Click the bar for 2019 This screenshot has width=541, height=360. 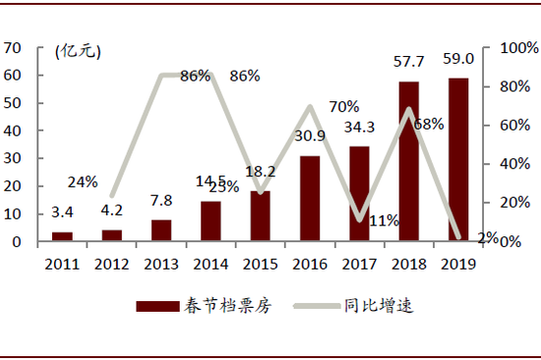[459, 159]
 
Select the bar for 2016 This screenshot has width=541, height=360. [310, 198]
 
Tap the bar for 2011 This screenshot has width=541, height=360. [62, 236]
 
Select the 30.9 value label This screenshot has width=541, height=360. [311, 136]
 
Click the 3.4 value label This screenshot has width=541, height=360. [61, 210]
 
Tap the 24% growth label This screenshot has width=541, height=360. [83, 181]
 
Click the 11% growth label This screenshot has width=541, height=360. [384, 220]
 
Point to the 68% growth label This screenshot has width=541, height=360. [429, 125]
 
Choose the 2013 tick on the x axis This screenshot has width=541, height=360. [161, 263]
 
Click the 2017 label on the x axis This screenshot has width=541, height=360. [359, 263]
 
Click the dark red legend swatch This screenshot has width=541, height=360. [155, 306]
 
